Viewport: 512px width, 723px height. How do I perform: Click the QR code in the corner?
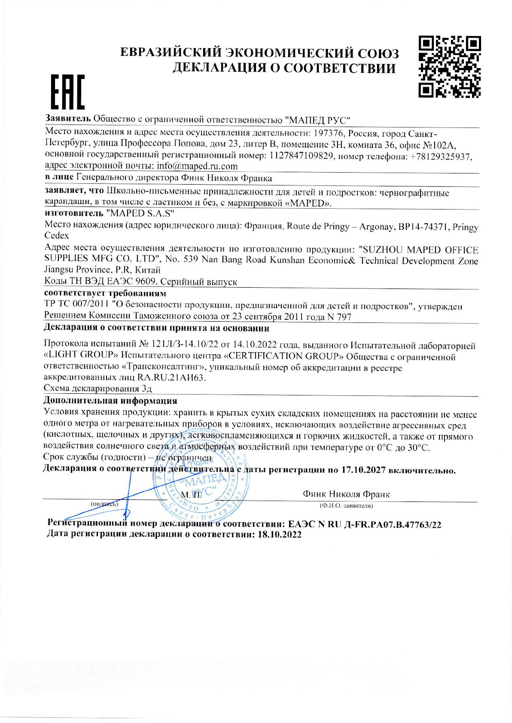pyautogui.click(x=449, y=66)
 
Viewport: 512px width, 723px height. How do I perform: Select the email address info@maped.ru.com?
pyautogui.click(x=195, y=166)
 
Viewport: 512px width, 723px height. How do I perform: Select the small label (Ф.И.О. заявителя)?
pyautogui.click(x=346, y=506)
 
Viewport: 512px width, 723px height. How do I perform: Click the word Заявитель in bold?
pyautogui.click(x=67, y=119)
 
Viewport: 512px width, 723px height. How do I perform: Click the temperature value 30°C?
pyautogui.click(x=418, y=448)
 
